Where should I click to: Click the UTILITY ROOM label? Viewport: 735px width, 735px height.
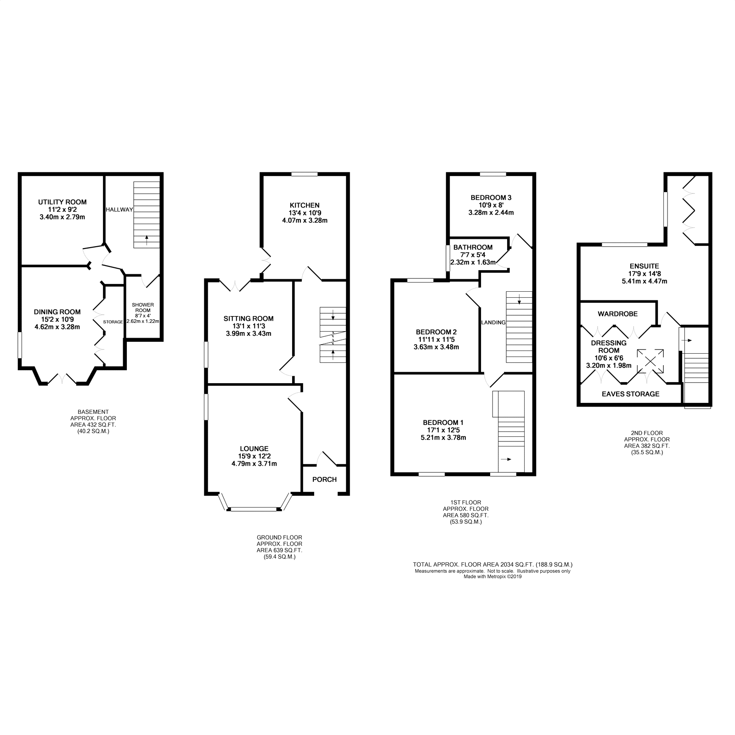62,202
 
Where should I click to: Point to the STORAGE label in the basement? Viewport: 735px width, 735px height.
113,322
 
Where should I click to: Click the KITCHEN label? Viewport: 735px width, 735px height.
305,205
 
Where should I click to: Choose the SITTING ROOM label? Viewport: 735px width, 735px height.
249,318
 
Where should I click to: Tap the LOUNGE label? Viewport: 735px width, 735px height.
254,449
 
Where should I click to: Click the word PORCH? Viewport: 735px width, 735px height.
324,480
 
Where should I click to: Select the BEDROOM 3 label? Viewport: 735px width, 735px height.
491,198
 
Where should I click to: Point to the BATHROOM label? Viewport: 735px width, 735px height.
473,248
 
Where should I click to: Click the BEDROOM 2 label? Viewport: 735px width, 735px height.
436,332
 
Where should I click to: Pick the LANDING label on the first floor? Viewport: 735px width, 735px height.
493,322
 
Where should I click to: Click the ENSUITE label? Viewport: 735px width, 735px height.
645,266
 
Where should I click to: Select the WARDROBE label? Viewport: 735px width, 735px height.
617,314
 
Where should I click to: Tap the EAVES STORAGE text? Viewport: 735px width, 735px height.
631,394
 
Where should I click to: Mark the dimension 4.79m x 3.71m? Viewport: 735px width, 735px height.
254,464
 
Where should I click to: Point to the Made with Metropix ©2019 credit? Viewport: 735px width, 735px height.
492,577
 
